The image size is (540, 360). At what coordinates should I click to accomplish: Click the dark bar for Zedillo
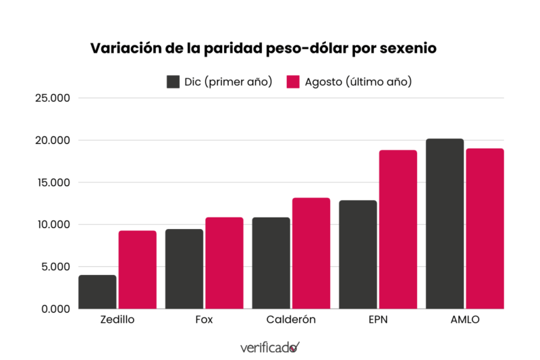point(97,292)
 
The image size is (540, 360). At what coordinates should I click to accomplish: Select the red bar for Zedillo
point(138,269)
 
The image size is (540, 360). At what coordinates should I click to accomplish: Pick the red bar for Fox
point(224,263)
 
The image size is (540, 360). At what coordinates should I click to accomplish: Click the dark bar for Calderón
point(271,263)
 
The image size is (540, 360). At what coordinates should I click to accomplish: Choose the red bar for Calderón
point(311,253)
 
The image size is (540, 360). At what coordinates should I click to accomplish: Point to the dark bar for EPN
point(358,255)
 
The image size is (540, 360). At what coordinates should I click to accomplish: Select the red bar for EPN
point(398,229)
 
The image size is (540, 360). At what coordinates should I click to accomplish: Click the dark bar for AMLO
point(445,224)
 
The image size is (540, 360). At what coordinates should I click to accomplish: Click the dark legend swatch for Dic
point(173,82)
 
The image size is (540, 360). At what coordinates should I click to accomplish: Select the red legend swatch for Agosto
point(293,82)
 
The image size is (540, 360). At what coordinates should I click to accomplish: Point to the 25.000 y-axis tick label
point(52,98)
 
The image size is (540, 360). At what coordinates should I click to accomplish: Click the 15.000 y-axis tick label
point(52,182)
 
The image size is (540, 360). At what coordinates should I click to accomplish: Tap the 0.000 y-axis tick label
point(55,309)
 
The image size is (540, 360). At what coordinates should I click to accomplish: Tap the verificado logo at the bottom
point(269,347)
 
